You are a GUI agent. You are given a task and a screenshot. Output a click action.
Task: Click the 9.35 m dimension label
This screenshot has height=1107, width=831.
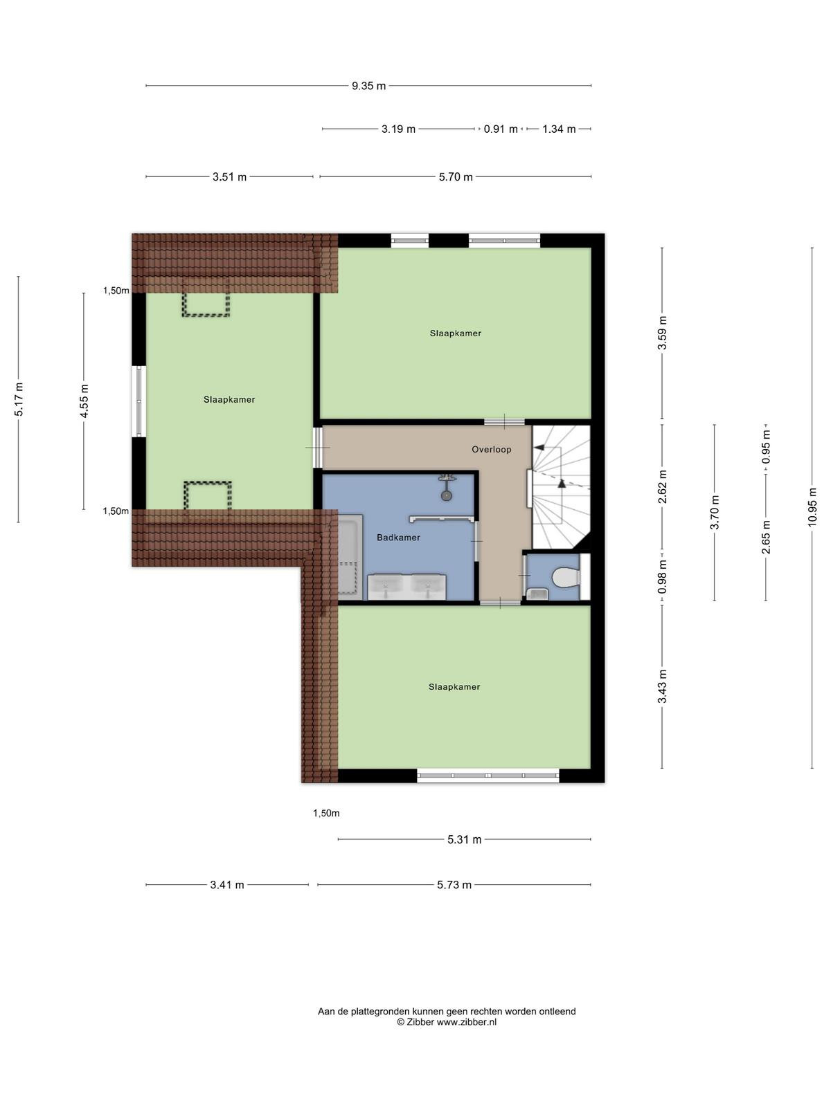click(368, 86)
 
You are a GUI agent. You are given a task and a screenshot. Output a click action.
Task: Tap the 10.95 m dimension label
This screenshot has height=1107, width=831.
click(812, 507)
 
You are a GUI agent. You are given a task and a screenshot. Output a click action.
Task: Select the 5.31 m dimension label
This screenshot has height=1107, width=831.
click(464, 839)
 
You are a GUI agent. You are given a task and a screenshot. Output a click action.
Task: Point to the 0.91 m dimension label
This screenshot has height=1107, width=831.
click(501, 129)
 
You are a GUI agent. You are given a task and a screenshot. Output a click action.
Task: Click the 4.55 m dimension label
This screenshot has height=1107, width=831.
click(84, 401)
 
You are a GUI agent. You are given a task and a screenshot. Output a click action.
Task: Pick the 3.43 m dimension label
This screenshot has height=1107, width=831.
click(662, 686)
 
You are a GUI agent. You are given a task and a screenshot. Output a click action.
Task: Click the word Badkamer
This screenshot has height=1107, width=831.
click(398, 538)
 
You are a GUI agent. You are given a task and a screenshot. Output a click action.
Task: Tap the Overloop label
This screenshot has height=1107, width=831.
click(492, 449)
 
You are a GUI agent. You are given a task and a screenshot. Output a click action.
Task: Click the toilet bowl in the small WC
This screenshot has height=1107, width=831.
click(566, 578)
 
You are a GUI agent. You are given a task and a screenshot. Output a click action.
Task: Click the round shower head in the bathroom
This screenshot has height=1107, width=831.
click(446, 496)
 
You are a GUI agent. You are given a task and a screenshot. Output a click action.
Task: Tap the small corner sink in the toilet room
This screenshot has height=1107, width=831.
click(538, 594)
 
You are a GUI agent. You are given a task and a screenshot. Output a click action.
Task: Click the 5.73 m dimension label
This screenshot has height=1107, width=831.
click(454, 885)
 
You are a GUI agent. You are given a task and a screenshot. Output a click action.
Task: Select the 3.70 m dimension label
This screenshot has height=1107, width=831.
click(715, 513)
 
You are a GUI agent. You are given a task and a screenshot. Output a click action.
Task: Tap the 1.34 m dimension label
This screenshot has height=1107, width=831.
click(559, 129)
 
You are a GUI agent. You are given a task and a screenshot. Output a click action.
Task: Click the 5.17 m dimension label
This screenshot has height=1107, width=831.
click(19, 399)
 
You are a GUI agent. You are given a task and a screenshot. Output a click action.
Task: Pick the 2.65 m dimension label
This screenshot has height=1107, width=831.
click(766, 537)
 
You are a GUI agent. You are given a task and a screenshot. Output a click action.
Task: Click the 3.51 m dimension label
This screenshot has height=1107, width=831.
click(229, 177)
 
